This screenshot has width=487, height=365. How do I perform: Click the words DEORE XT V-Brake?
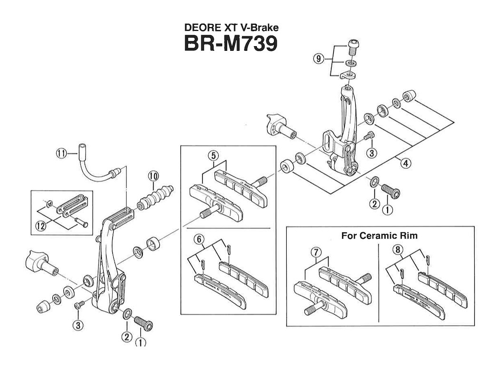tap(231, 28)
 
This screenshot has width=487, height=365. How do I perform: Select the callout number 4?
tap(405, 163)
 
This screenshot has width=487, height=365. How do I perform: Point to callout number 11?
tap(61, 154)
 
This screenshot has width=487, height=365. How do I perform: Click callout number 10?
tap(152, 175)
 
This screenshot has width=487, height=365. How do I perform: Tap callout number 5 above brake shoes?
tap(212, 155)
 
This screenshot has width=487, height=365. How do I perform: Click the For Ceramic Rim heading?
tap(379, 235)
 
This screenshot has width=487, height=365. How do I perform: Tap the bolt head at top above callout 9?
tap(352, 46)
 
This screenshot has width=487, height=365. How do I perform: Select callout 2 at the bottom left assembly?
tap(126, 336)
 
